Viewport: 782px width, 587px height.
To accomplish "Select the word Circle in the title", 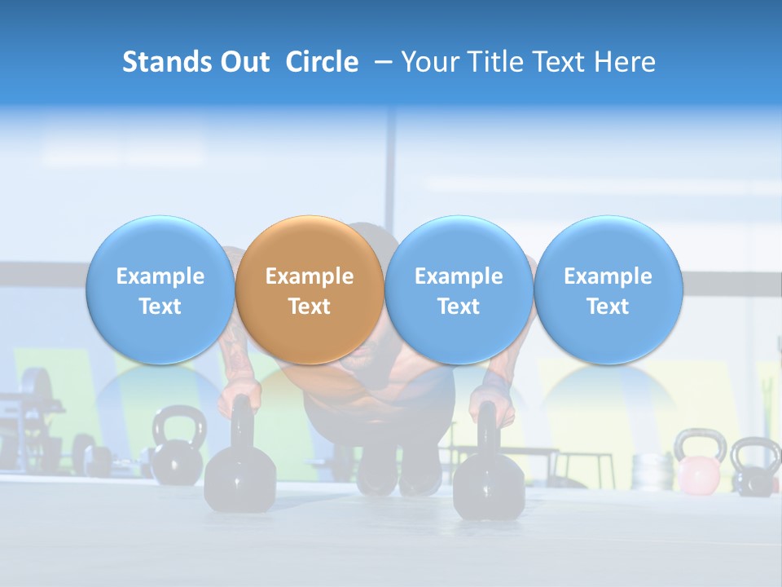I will [x=322, y=62].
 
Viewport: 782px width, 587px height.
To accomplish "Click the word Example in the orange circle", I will [x=310, y=276].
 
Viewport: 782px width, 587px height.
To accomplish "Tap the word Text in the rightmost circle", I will [x=608, y=307].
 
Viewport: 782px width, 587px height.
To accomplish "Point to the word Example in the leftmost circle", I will [x=160, y=276].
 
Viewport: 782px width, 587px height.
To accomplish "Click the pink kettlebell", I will [x=697, y=474].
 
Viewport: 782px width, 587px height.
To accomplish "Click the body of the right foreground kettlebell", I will [x=489, y=488].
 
